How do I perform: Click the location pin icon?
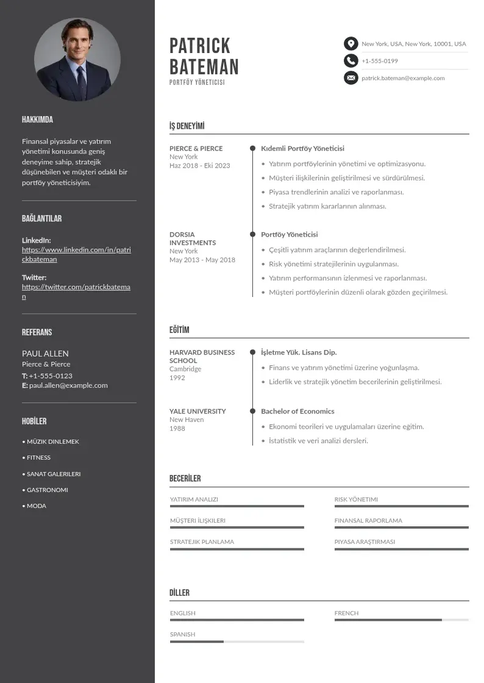pyautogui.click(x=351, y=44)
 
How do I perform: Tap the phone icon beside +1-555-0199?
pyautogui.click(x=351, y=61)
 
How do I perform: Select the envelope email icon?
pyautogui.click(x=351, y=78)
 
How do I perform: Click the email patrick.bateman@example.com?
pyautogui.click(x=403, y=78)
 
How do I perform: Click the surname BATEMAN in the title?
pyautogui.click(x=204, y=67)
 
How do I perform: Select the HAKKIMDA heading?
pyautogui.click(x=37, y=120)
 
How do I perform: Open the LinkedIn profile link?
pyautogui.click(x=76, y=254)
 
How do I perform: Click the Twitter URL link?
pyautogui.click(x=76, y=291)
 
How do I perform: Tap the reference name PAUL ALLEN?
pyautogui.click(x=45, y=354)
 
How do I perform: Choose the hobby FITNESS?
pyautogui.click(x=38, y=457)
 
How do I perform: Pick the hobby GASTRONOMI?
pyautogui.click(x=47, y=490)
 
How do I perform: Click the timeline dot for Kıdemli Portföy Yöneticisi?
pyautogui.click(x=252, y=148)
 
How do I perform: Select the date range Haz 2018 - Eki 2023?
pyautogui.click(x=200, y=166)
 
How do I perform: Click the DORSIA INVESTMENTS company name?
pyautogui.click(x=193, y=238)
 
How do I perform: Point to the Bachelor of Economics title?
pyautogui.click(x=297, y=411)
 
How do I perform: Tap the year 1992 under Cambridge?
pyautogui.click(x=177, y=377)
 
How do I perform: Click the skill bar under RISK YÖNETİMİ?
pyautogui.click(x=401, y=506)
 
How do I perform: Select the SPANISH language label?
pyautogui.click(x=183, y=634)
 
